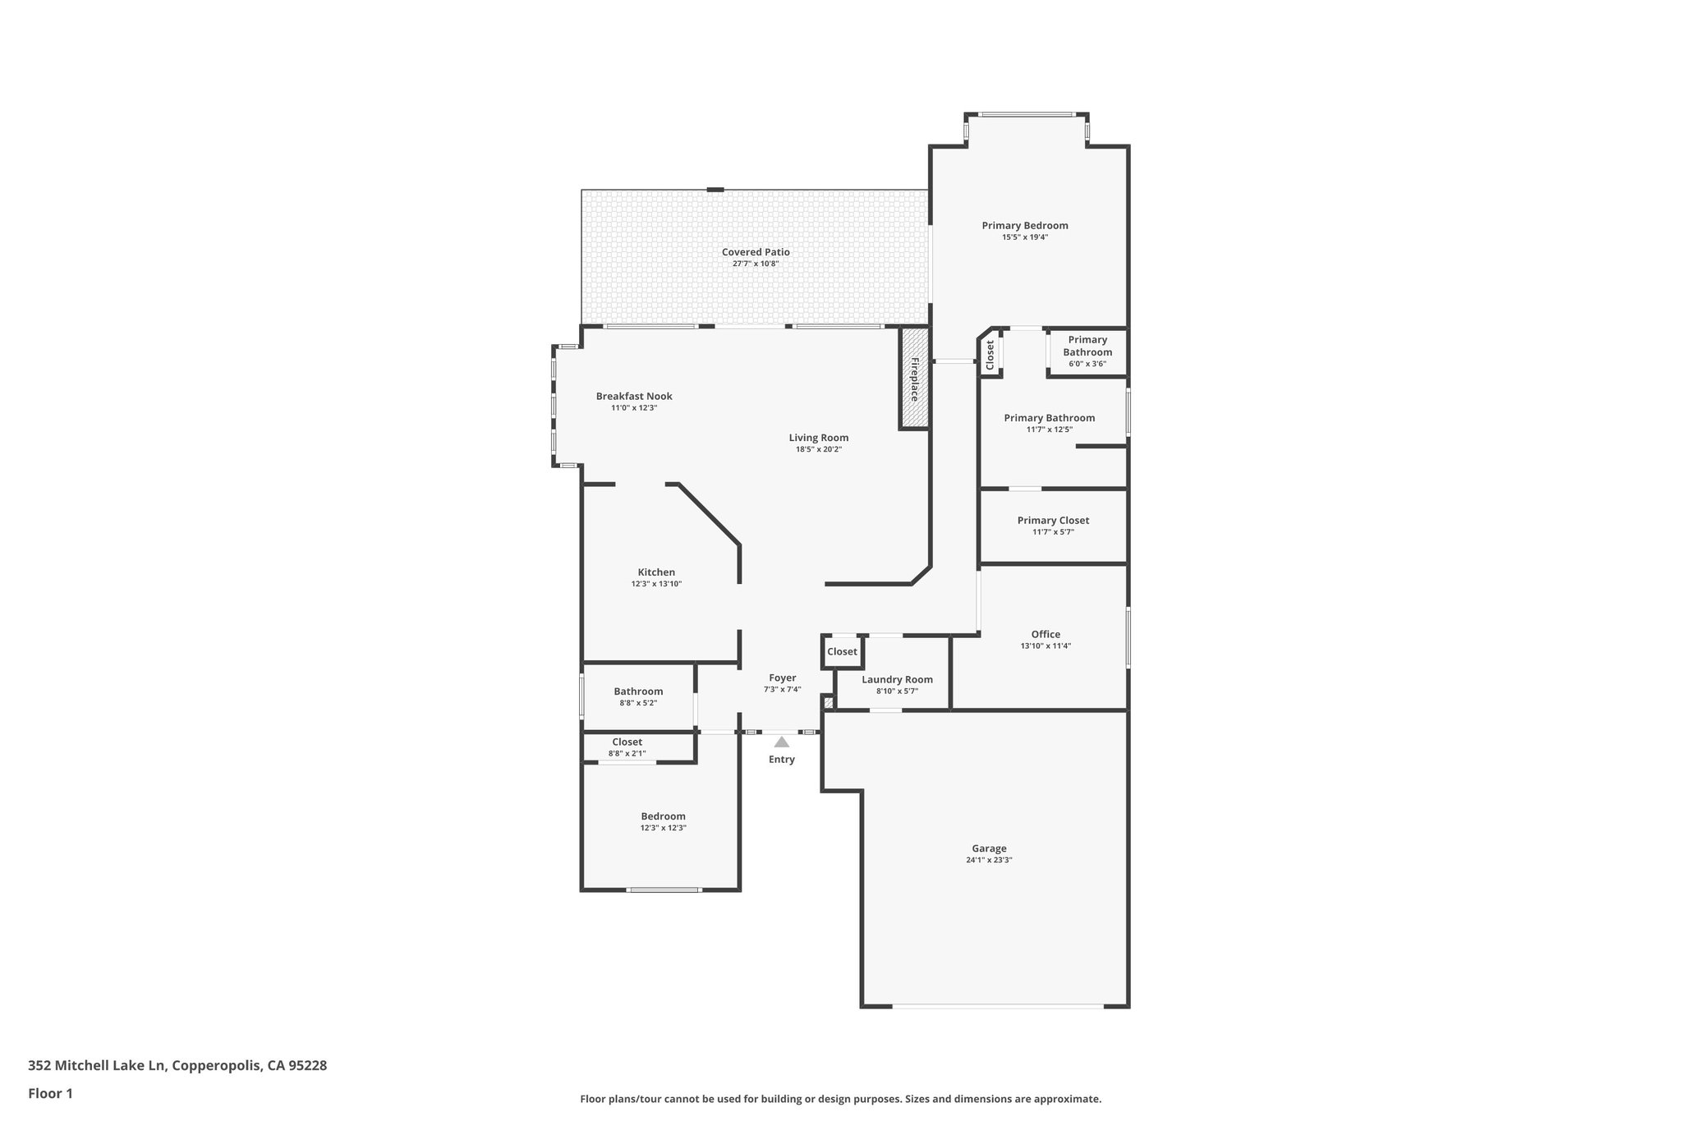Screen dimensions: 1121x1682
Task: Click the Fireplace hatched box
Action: click(914, 379)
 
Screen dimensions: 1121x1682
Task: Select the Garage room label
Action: click(989, 848)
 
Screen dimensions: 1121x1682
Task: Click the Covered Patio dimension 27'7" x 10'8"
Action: click(756, 264)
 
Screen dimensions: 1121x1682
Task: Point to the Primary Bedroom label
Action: click(1025, 225)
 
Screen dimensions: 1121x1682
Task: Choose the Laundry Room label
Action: click(897, 679)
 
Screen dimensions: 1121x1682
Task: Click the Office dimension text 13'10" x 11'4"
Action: click(1046, 645)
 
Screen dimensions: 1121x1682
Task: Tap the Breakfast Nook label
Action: click(634, 396)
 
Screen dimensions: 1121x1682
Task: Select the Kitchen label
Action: click(656, 572)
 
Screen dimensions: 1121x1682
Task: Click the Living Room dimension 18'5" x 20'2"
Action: click(819, 449)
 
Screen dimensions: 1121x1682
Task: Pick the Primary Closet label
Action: click(1053, 520)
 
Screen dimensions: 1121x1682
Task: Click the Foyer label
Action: click(782, 678)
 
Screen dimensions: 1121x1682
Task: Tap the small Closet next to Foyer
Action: click(842, 652)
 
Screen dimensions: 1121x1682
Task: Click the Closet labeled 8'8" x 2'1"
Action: click(627, 747)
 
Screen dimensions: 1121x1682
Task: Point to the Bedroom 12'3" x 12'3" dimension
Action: click(663, 828)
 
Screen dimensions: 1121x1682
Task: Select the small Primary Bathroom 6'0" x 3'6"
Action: click(1087, 351)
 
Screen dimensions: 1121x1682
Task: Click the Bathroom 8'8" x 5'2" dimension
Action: click(638, 703)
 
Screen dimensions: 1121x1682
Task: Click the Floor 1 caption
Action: click(51, 1094)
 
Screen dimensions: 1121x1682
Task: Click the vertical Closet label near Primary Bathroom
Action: click(990, 354)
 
